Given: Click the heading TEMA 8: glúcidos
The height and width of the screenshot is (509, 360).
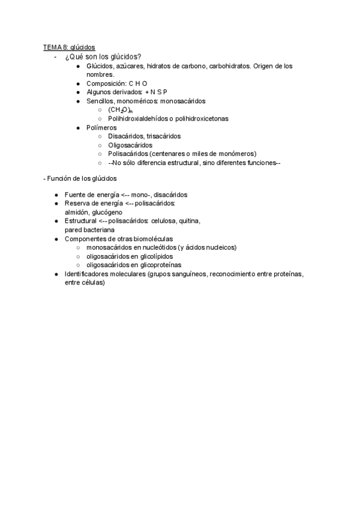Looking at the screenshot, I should tap(68, 47).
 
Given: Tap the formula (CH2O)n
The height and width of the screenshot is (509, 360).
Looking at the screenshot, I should tap(120, 110).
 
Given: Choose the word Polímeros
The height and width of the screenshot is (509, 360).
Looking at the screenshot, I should tap(102, 128).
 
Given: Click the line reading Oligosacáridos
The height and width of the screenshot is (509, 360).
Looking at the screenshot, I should tap(130, 145).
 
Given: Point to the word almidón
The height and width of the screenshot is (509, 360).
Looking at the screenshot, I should tap(77, 212).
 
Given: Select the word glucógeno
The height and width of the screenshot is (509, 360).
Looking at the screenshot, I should tap(107, 212).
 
